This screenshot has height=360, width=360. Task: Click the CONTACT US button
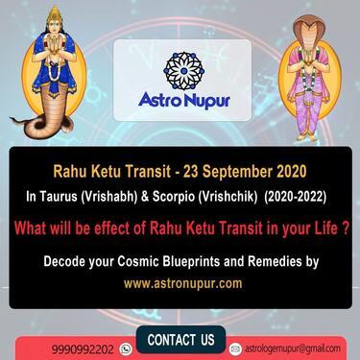click(180, 341)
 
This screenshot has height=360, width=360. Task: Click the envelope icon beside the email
click(236, 348)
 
